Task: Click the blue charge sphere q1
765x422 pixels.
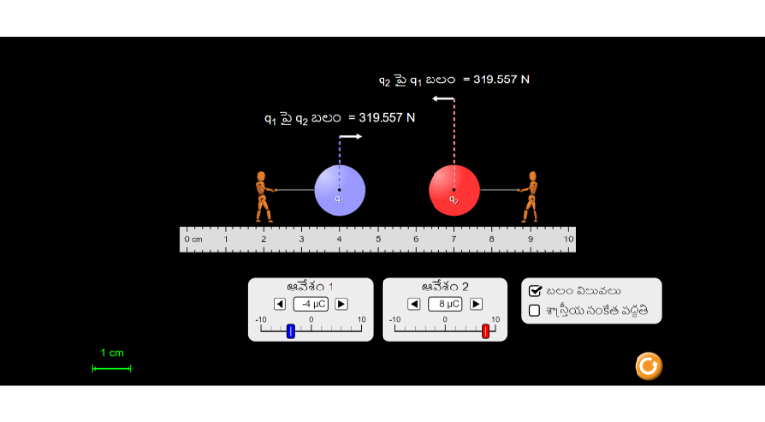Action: [339, 190]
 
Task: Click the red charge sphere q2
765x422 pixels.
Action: [454, 190]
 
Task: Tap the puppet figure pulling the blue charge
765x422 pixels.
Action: [262, 196]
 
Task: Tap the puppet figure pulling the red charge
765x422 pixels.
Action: [531, 196]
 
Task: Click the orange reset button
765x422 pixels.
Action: [648, 366]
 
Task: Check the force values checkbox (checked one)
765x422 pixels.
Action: [535, 290]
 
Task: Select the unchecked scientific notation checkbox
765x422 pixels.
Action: [535, 311]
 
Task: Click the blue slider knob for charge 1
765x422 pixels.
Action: [291, 332]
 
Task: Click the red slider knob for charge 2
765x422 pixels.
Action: [485, 332]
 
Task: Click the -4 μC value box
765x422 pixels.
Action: [311, 304]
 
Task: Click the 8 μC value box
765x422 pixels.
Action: [445, 304]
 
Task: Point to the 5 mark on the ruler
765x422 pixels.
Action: [378, 238]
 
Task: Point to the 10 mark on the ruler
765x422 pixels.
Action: [568, 238]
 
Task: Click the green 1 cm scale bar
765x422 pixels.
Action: [112, 368]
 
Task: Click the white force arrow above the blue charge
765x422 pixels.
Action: [351, 137]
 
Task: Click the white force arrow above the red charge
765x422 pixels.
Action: [442, 99]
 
